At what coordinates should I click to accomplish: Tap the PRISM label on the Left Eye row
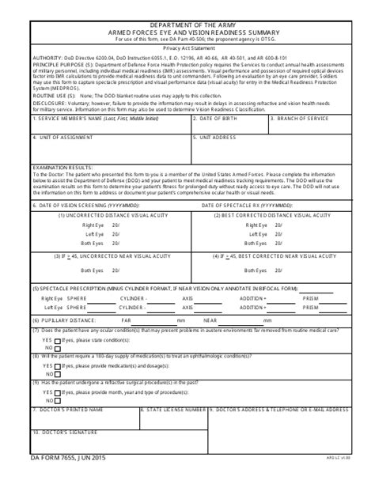311,308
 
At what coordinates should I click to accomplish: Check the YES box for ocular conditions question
47,338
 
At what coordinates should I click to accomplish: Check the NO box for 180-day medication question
47,375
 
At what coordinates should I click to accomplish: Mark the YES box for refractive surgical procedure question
47,393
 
